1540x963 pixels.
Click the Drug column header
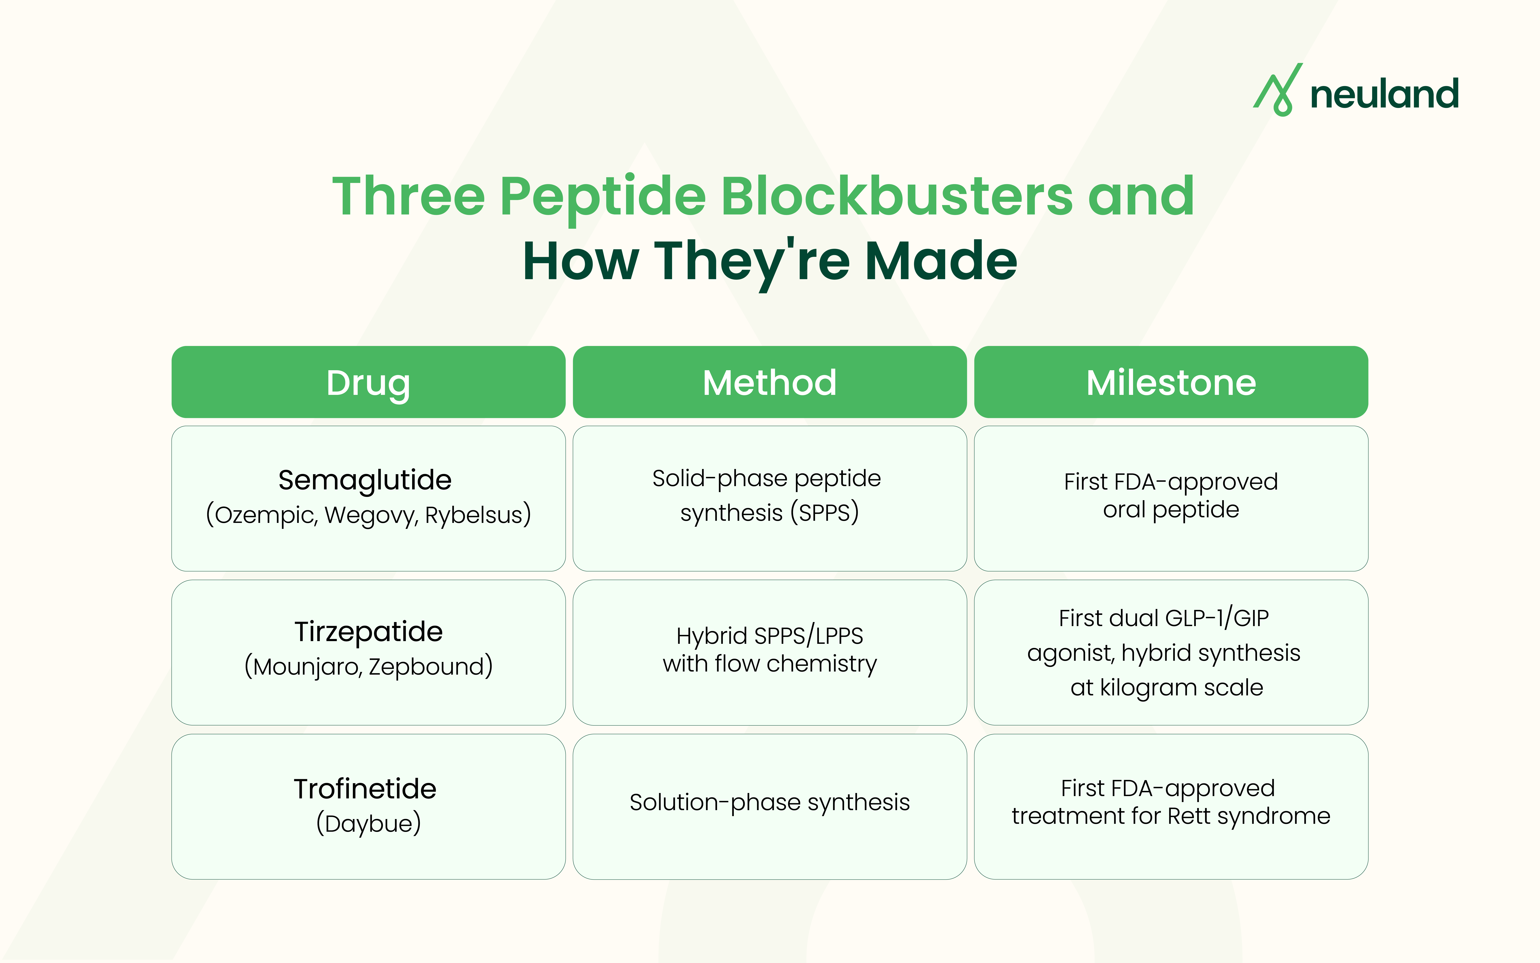tap(368, 382)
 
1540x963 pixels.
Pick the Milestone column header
tap(1171, 382)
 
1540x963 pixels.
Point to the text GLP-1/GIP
tap(1217, 618)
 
